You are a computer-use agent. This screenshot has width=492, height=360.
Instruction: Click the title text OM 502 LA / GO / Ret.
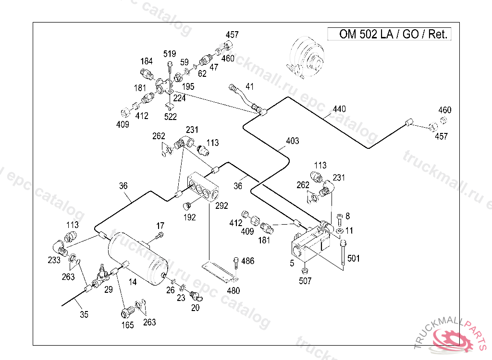click(393, 34)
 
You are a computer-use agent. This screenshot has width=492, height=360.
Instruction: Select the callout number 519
click(170, 54)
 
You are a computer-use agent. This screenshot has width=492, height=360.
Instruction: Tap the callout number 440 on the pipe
click(339, 109)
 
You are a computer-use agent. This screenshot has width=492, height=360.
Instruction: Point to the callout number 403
click(293, 141)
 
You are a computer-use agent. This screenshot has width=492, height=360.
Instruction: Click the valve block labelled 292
click(203, 187)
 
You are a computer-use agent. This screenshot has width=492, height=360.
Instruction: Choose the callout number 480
click(234, 291)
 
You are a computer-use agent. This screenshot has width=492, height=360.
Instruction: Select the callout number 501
click(353, 258)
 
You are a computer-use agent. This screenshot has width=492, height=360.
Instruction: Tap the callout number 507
click(305, 281)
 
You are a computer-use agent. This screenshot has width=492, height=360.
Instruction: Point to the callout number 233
click(54, 260)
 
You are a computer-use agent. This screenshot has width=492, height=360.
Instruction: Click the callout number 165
click(128, 325)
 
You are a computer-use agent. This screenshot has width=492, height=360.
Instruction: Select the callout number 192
click(189, 217)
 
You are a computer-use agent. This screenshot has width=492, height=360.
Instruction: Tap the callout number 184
click(147, 61)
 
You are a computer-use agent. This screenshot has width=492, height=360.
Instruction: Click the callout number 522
click(171, 117)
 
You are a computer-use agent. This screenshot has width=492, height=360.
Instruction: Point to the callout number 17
click(160, 226)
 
